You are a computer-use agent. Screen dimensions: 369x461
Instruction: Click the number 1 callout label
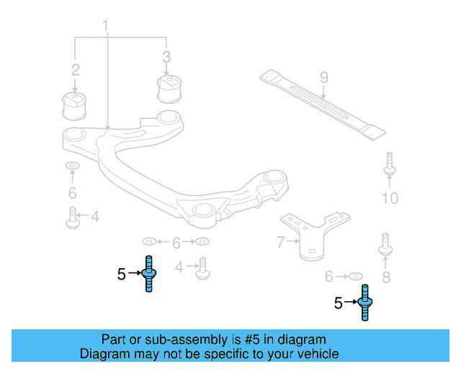click(x=106, y=27)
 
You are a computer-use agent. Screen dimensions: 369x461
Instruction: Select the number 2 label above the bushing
click(x=75, y=70)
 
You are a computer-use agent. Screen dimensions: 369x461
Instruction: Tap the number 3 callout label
click(x=166, y=56)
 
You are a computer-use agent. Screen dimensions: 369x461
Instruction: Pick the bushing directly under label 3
click(x=168, y=89)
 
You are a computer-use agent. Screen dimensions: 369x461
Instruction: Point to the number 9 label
click(x=323, y=76)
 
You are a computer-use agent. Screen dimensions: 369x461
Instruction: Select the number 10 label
click(x=390, y=198)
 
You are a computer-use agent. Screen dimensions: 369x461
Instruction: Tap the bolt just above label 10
click(x=389, y=165)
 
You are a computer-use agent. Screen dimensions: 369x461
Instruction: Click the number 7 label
click(x=281, y=243)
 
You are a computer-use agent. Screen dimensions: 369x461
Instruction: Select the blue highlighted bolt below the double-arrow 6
click(x=149, y=274)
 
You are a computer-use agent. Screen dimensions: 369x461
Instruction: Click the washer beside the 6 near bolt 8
click(x=354, y=276)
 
